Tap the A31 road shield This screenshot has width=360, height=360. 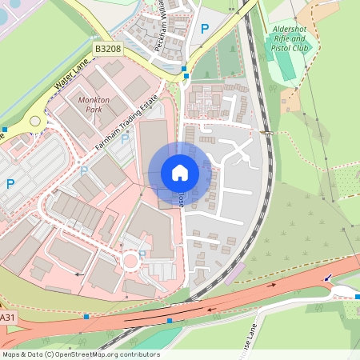[7, 318]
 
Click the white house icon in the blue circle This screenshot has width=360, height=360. [180, 173]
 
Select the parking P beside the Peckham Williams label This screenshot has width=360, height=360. [205, 29]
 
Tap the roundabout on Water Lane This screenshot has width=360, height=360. [35, 122]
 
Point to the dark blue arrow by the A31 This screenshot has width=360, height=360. [327, 278]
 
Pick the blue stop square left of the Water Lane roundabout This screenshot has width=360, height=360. [5, 129]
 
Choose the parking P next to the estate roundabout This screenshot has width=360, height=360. [142, 255]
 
